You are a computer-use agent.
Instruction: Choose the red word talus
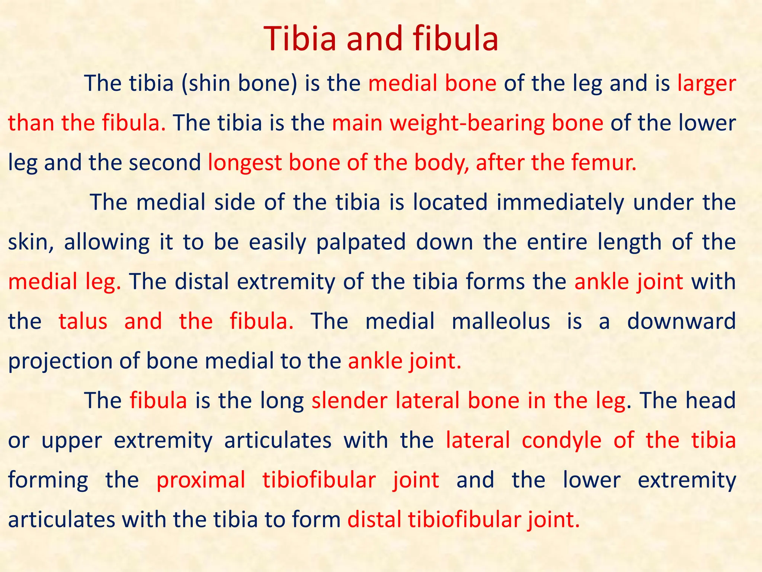(83, 321)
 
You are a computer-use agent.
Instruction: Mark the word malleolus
(501, 321)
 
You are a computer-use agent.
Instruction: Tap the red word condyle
(561, 440)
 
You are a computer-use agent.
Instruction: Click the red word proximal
(201, 480)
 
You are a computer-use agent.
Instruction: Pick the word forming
(48, 480)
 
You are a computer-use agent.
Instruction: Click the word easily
(278, 242)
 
